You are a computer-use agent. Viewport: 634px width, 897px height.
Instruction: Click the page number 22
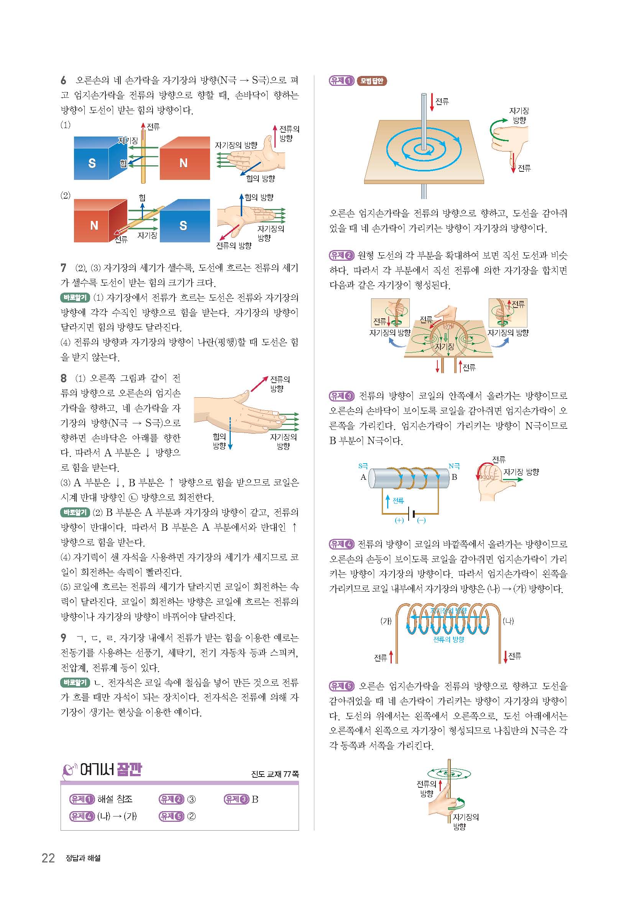(x=48, y=858)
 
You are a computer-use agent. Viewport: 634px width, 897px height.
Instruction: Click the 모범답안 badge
(x=372, y=81)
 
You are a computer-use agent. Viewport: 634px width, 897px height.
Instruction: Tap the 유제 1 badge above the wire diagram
(x=341, y=81)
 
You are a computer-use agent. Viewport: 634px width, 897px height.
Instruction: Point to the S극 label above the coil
(x=363, y=466)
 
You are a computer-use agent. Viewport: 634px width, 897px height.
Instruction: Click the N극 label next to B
(x=454, y=466)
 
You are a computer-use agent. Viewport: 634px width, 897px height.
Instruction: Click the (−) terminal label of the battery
(x=422, y=520)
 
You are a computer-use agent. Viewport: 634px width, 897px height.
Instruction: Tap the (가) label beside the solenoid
(x=386, y=621)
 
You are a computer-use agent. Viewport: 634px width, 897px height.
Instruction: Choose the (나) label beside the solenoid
(x=508, y=621)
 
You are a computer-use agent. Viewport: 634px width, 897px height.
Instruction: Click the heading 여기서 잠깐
(x=111, y=770)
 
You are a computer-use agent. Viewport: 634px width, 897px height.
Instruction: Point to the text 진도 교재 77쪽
(x=275, y=774)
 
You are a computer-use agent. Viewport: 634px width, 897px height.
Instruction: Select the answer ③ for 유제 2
(x=191, y=799)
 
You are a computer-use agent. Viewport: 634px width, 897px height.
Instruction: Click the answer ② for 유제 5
(x=191, y=816)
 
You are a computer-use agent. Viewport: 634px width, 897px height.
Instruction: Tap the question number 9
(x=63, y=638)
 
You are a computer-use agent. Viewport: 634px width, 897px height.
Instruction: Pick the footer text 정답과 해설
(x=84, y=858)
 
